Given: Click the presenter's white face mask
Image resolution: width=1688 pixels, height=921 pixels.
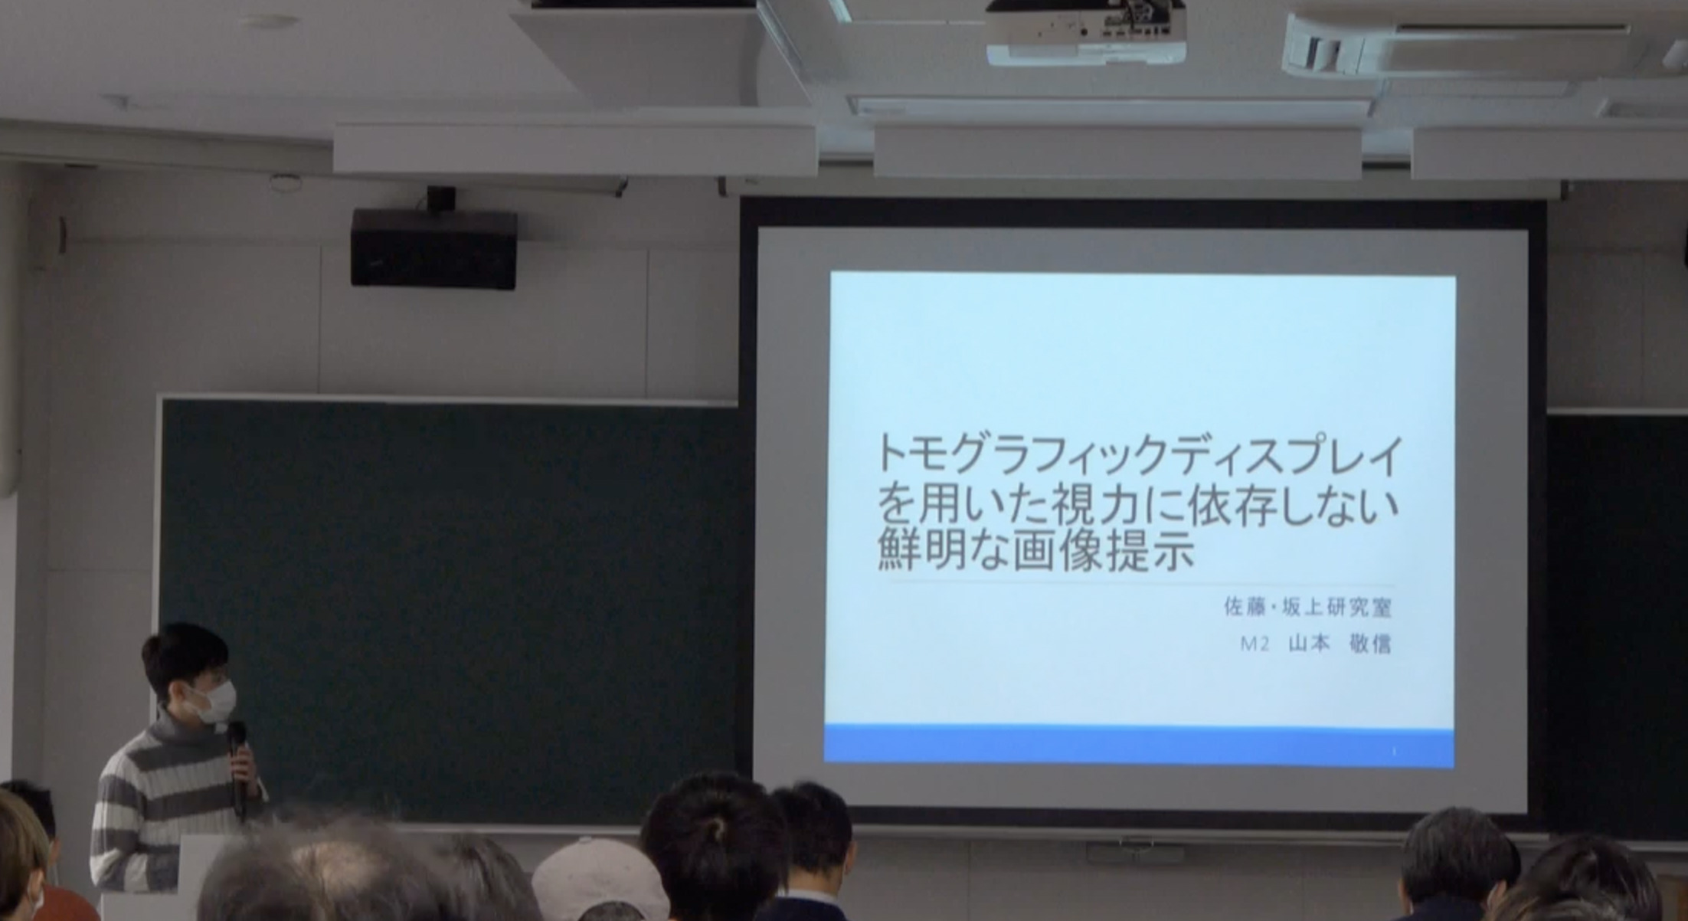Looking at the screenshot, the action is coord(211,701).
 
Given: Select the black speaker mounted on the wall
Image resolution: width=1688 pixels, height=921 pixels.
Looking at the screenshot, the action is coord(433,247).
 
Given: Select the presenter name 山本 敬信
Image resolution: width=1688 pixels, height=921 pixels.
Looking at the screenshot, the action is coord(1340,644).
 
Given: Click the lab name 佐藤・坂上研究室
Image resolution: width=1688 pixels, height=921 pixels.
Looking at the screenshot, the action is coord(1307,608).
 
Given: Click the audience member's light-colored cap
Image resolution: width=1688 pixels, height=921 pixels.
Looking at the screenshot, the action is coord(600,879).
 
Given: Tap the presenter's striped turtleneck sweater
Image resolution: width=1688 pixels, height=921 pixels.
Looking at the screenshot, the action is coord(168,805).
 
